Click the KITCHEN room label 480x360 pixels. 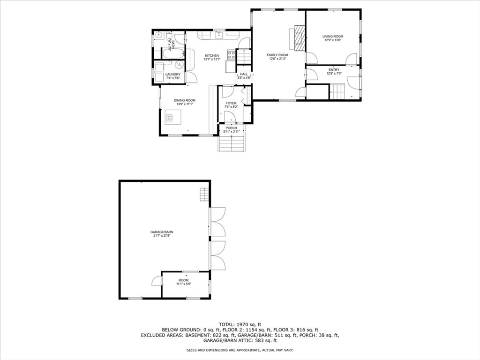coord(211,56)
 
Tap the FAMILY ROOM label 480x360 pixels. coord(277,55)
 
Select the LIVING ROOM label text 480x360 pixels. coord(333,36)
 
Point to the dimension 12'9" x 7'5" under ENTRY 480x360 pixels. coord(334,74)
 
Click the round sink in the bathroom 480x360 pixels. coord(159,35)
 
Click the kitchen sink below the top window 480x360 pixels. coord(219,34)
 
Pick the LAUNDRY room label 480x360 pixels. coord(172,75)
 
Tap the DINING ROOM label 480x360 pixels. coord(184,100)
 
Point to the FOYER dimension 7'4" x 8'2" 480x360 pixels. coord(231,107)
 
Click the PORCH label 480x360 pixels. coord(231,128)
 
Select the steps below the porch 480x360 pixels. coord(232,143)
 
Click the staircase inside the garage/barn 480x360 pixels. coord(203,194)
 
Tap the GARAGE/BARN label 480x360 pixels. coord(158,232)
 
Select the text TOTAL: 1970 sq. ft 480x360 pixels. coord(240,324)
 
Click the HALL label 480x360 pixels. coord(244,74)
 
